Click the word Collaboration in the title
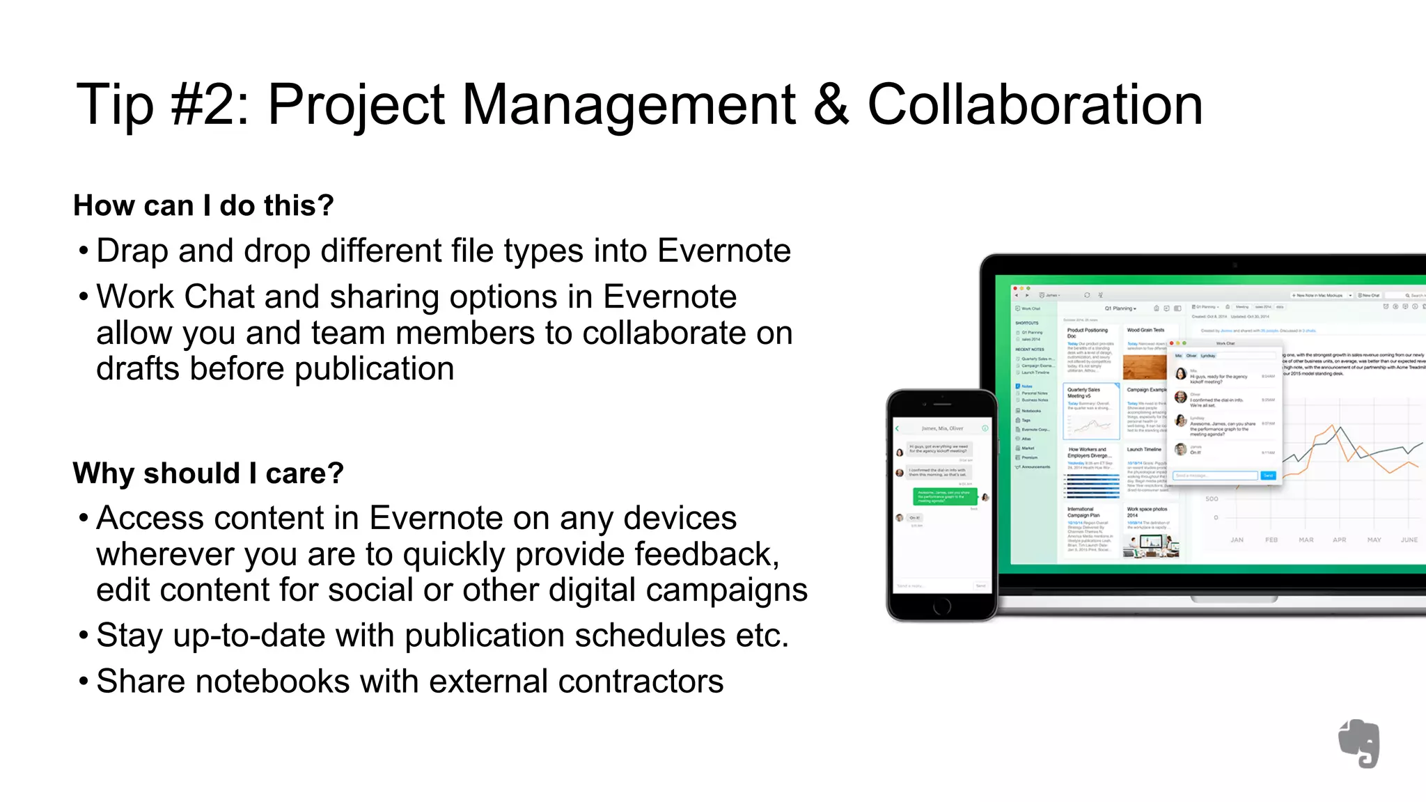(x=1035, y=104)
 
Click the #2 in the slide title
(x=209, y=104)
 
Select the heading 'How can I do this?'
(x=203, y=205)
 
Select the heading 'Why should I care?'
(x=208, y=473)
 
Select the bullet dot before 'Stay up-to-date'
(x=84, y=636)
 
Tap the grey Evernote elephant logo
(x=1360, y=743)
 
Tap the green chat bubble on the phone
(x=945, y=496)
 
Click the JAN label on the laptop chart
(x=1237, y=540)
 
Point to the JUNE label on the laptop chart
(x=1409, y=540)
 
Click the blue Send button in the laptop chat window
(x=1268, y=475)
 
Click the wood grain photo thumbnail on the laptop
(x=1144, y=366)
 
